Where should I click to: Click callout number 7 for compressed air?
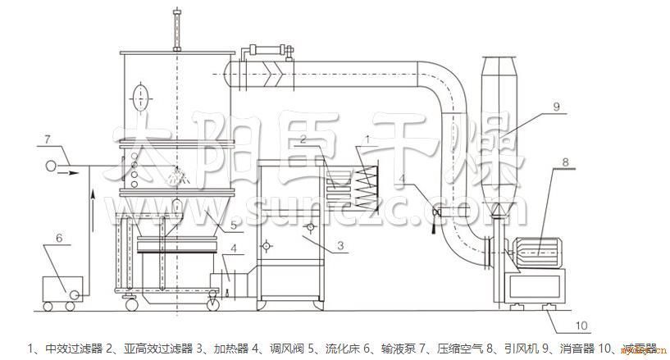tap(48, 139)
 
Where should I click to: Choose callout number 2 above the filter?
tap(303, 140)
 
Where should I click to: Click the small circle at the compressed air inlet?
tap(51, 166)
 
